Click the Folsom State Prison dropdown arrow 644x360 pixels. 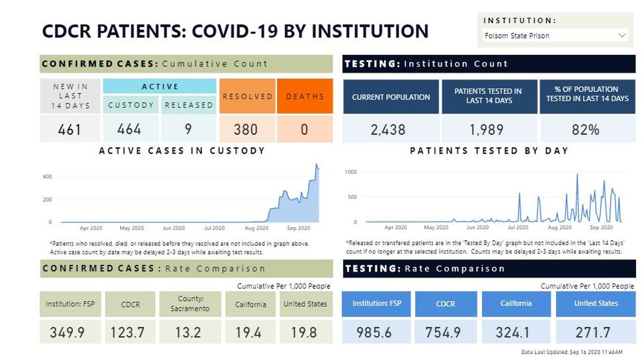tap(622, 36)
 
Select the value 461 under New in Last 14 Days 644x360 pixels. tap(70, 129)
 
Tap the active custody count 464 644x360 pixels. tap(129, 129)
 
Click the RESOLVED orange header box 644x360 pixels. tap(247, 96)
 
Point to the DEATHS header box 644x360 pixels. tap(305, 96)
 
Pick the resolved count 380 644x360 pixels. tap(246, 129)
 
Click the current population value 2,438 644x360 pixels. tap(388, 129)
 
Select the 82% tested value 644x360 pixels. tap(586, 129)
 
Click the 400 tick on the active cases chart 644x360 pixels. tap(47, 177)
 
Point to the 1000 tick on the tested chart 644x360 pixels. tap(350, 172)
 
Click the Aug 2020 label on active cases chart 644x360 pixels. tap(256, 228)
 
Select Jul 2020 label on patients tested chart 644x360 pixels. tap(518, 228)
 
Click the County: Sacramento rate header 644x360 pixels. tap(190, 304)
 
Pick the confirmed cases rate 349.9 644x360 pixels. tap(67, 332)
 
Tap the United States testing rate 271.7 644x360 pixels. tap(595, 332)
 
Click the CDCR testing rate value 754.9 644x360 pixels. tap(443, 332)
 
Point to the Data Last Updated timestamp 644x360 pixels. tap(572, 352)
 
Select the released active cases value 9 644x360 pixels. tap(188, 129)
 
